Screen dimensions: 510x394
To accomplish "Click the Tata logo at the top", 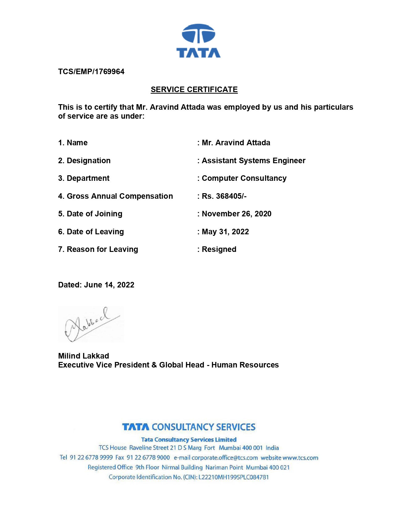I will coord(198,41).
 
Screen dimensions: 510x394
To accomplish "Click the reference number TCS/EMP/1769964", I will coord(91,72).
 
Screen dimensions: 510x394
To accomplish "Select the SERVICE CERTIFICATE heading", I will coord(194,90).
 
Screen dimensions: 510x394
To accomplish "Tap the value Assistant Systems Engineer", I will coord(253,161).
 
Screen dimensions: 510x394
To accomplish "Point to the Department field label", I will coord(88,178).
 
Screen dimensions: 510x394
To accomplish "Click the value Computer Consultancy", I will coord(244,178).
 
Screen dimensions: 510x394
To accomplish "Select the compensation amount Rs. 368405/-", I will coord(224,196).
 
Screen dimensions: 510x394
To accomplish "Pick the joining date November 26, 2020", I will coord(236,214).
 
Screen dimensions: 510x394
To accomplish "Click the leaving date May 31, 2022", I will coord(225,232).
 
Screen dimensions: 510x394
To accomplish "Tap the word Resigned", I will coord(219,249).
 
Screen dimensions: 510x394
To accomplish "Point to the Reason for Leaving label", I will coord(102,249).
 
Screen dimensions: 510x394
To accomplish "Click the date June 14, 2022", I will coord(109,285).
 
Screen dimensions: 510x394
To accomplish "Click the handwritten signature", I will coord(91,324).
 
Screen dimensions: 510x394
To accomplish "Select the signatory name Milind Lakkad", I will coord(83,356).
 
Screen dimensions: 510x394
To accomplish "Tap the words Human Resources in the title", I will coord(245,365).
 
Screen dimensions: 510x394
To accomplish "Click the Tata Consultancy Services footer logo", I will coord(189,427).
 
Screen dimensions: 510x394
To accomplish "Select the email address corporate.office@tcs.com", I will coord(225,458).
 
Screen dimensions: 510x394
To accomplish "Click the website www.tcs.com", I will coord(300,458).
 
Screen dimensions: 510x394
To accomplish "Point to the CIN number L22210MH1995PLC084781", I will coord(233,477).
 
